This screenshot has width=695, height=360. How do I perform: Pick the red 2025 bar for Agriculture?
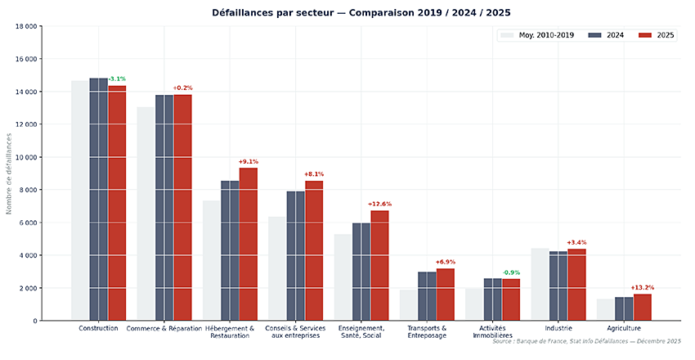[x=642, y=307]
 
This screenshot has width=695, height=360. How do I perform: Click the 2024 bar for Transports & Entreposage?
[x=427, y=295]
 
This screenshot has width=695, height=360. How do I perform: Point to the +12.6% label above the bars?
[x=379, y=204]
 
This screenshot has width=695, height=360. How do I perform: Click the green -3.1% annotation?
[x=117, y=79]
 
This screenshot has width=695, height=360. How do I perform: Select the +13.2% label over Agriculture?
[x=642, y=287]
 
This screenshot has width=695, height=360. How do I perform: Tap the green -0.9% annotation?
[x=511, y=272]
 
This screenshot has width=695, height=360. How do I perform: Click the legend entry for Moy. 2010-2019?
[x=539, y=35]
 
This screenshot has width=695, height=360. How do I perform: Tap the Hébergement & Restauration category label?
[x=230, y=332]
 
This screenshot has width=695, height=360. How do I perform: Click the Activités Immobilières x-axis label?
[x=493, y=332]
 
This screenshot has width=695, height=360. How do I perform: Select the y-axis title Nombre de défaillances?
[x=10, y=173]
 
